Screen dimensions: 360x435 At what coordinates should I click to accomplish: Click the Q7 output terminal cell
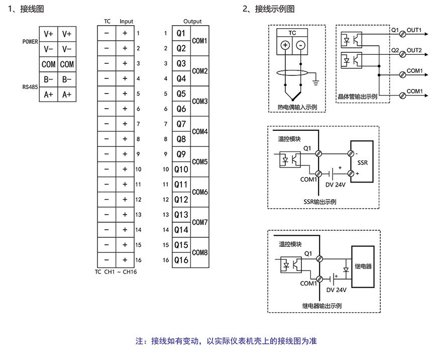(181, 124)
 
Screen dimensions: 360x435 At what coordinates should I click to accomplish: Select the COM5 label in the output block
(200, 162)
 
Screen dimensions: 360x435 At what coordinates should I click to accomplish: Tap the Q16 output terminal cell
(181, 260)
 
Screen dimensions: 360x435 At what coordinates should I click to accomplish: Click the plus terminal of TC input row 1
(125, 34)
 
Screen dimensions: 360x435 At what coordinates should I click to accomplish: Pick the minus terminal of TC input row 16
(106, 260)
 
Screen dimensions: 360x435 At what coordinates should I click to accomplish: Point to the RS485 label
(30, 87)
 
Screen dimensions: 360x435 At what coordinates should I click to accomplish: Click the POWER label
(30, 42)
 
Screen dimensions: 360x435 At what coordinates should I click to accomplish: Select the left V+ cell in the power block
(49, 34)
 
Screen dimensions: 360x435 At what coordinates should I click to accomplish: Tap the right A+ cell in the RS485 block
(67, 94)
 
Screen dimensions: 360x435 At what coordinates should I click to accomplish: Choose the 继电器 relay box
(363, 266)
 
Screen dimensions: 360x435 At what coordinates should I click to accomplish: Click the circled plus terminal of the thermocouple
(285, 45)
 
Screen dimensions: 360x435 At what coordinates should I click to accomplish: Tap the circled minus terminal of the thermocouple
(300, 45)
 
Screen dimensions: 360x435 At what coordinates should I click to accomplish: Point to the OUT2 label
(414, 50)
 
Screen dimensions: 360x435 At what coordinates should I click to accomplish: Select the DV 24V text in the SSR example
(336, 185)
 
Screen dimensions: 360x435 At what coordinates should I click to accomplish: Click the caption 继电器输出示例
(322, 305)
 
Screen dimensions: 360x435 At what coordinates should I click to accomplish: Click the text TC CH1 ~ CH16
(116, 272)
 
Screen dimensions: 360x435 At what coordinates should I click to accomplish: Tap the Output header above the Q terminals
(192, 21)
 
